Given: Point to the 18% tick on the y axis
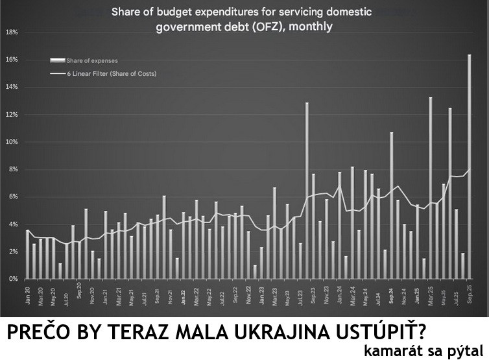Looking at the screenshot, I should pos(11,32).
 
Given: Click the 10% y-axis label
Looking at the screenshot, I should pos(11,142).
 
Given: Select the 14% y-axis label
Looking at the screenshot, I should pos(11,87).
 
